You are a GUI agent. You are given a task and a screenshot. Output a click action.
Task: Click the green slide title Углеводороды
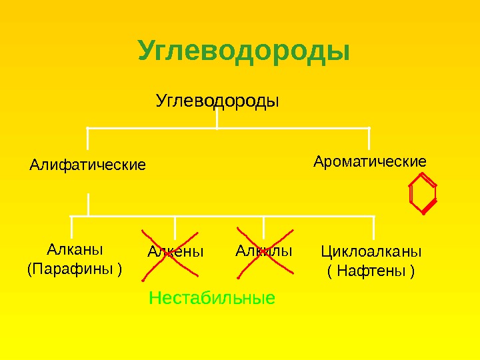pos(243,51)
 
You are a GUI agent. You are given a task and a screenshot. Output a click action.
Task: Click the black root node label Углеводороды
pos(217,101)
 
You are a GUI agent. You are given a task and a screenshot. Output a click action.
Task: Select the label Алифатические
pos(87,164)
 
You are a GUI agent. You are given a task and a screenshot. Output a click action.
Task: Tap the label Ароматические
pos(370,161)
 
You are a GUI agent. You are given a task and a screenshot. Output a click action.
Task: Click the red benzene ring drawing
pos(423,193)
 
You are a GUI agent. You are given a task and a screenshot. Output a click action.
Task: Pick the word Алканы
pos(75,250)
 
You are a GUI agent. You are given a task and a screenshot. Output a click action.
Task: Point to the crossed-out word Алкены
pos(175,252)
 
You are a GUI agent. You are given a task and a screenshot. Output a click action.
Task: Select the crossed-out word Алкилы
pos(264,251)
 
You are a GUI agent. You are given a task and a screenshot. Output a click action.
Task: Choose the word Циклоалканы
pos(371,251)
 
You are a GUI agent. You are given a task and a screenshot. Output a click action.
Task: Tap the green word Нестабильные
pos(212,297)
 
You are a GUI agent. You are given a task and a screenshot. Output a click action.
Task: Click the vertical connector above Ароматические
pos(369,138)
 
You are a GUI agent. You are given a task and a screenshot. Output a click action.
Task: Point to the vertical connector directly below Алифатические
pos(88,204)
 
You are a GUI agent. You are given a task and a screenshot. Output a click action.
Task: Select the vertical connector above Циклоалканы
pos(373,227)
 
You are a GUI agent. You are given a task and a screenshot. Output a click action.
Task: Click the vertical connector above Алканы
pos(71,227)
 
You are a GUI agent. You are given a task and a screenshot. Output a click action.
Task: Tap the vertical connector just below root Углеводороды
pos(217,119)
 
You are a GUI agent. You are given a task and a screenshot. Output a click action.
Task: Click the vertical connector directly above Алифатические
pos(87,138)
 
